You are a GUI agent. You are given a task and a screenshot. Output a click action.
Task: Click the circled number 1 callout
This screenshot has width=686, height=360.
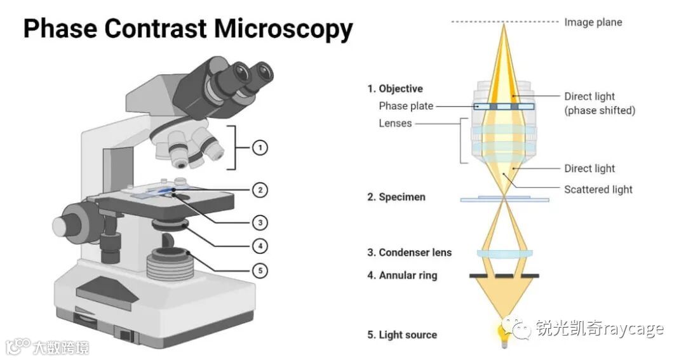tap(259, 148)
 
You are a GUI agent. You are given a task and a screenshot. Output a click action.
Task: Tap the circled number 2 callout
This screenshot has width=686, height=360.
tap(259, 189)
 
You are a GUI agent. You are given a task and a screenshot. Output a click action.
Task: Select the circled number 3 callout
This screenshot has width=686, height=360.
tap(259, 222)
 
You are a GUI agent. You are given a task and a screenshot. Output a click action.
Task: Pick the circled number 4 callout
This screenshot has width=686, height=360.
tap(259, 246)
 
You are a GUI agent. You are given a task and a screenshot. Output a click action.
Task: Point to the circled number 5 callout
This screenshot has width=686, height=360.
tap(259, 270)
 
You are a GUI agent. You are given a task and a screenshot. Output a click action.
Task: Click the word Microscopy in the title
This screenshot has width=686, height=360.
tap(283, 29)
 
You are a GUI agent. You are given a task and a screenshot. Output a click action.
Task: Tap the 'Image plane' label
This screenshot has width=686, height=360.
tap(593, 22)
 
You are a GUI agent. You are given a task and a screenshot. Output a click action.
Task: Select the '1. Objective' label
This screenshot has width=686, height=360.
tap(394, 89)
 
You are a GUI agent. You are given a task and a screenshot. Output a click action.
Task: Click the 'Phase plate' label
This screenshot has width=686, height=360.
tap(406, 106)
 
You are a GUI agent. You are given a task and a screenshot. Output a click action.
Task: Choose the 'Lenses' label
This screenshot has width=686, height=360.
tap(395, 123)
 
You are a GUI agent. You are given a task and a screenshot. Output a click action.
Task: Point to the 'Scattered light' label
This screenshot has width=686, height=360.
tap(598, 189)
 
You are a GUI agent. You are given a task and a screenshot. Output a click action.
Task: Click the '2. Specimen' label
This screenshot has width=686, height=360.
tap(396, 197)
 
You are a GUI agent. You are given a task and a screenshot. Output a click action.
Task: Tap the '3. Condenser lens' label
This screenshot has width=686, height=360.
tap(409, 252)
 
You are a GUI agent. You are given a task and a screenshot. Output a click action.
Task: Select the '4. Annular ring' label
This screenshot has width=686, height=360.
tap(401, 276)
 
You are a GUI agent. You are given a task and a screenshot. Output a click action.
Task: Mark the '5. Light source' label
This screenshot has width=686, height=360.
tap(401, 335)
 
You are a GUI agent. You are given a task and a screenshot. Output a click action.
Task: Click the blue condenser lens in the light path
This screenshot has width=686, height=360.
tap(504, 253)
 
